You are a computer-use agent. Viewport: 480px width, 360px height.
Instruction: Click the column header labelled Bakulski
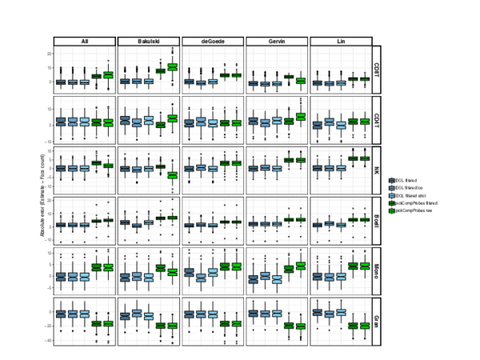[x=148, y=41]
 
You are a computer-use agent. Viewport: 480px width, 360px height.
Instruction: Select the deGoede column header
[x=212, y=41]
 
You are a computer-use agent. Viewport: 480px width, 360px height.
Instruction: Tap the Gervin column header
[x=276, y=41]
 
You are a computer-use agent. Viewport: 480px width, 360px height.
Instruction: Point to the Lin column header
[x=340, y=41]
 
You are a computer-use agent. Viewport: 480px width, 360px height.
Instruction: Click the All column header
[x=84, y=41]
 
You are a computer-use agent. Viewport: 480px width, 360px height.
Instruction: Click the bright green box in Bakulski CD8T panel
[x=172, y=67]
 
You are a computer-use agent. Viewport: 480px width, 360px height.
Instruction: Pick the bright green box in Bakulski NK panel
[x=172, y=174]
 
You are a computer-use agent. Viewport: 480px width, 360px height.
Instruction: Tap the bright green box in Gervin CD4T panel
[x=300, y=117]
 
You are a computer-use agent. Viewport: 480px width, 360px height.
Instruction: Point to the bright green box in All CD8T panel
[x=108, y=74]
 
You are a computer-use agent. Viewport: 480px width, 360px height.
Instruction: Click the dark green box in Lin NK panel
[x=352, y=158]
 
